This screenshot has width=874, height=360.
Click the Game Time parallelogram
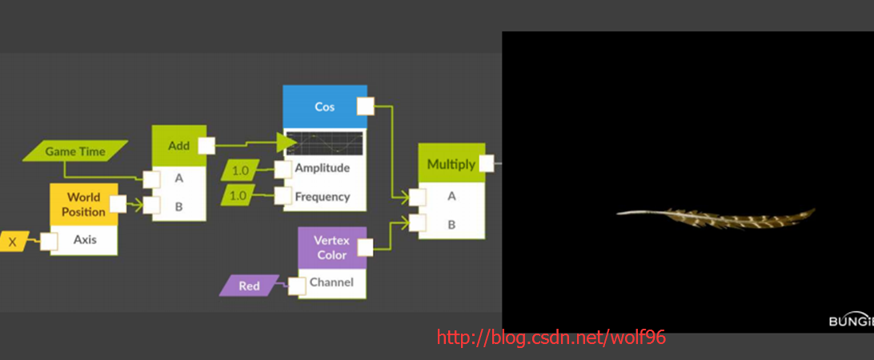(x=75, y=150)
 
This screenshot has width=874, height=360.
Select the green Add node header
(x=178, y=146)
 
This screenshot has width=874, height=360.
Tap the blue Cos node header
(x=324, y=106)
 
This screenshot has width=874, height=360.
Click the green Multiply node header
(x=451, y=163)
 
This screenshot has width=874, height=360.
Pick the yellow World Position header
(x=83, y=204)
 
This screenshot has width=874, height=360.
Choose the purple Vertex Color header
(x=331, y=247)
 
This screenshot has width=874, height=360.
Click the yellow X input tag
(x=13, y=241)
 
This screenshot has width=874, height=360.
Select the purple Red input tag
(x=249, y=286)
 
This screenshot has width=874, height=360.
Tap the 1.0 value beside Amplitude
(x=240, y=170)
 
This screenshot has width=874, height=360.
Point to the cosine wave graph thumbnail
(x=324, y=144)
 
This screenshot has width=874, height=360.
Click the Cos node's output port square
(x=365, y=106)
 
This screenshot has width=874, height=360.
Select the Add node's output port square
(x=206, y=146)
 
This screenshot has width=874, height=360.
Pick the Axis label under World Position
(x=85, y=239)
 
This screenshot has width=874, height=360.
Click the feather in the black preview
(x=716, y=216)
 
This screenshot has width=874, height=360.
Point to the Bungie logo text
(x=850, y=321)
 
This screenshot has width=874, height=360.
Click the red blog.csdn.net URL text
(x=551, y=338)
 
